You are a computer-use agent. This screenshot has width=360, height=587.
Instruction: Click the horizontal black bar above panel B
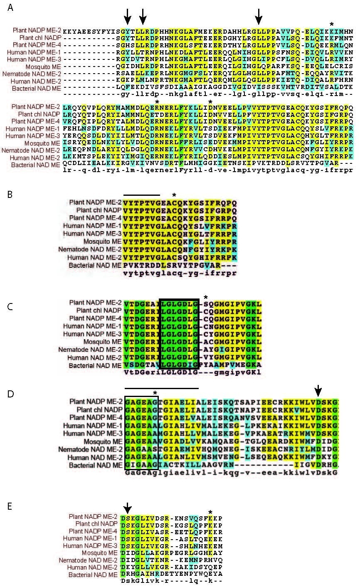coord(141,195)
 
